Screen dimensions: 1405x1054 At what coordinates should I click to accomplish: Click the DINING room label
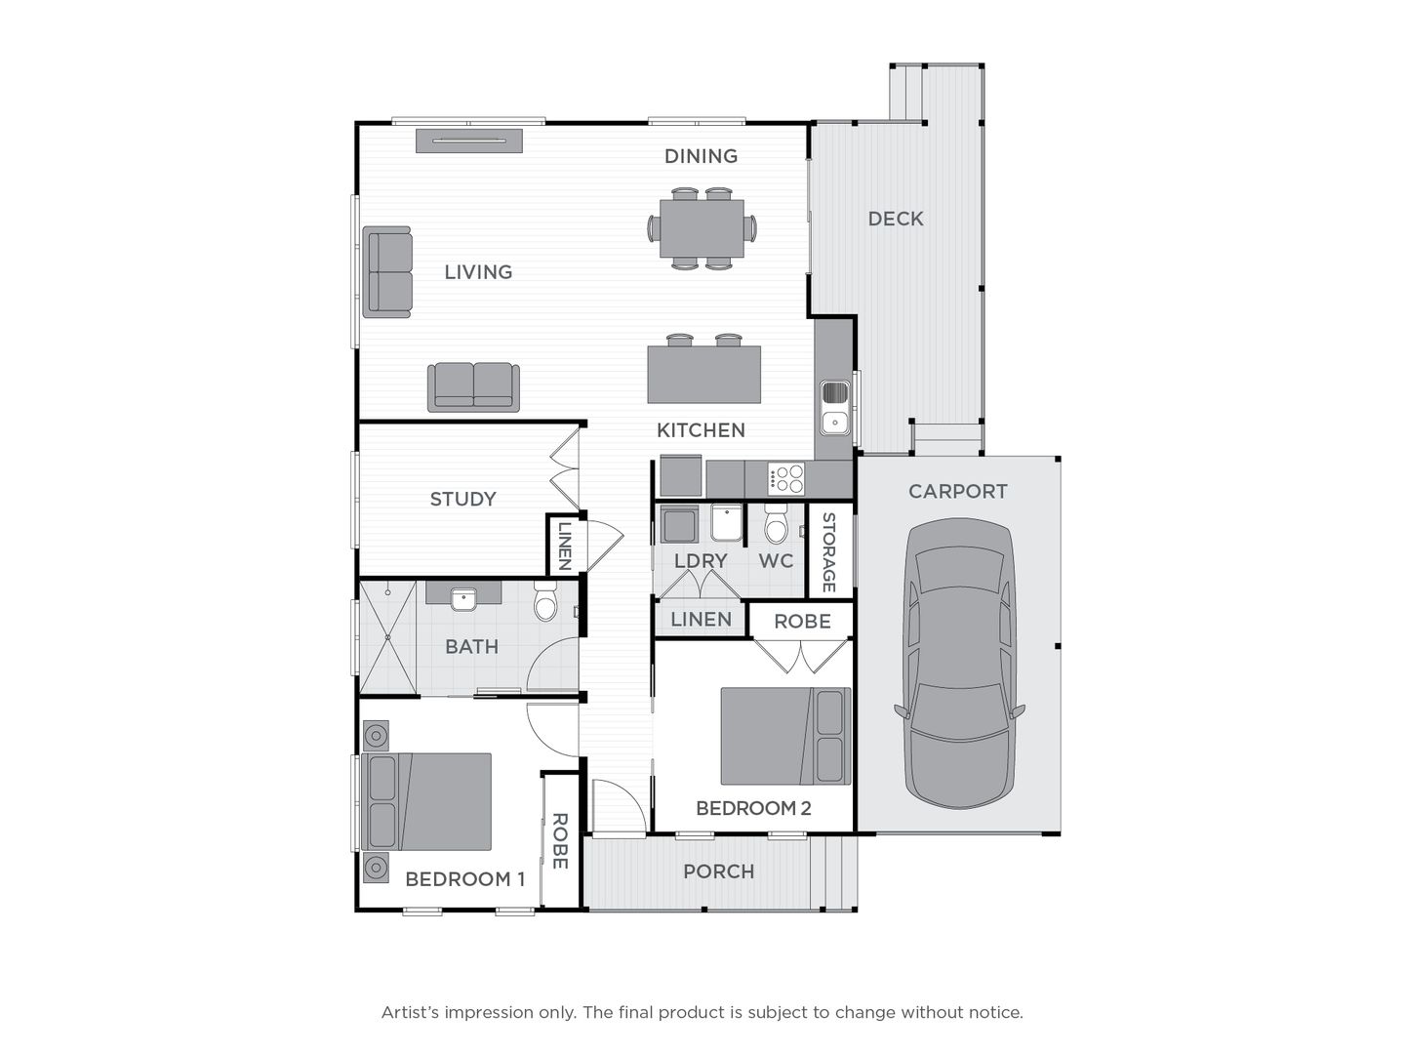701,156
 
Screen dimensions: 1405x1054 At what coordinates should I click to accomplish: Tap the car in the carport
959,663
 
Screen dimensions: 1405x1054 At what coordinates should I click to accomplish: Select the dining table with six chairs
702,228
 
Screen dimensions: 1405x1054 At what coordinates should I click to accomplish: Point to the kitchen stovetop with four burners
786,478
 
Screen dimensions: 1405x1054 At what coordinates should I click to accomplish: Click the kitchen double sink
834,407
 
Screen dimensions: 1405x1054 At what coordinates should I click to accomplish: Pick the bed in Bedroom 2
785,736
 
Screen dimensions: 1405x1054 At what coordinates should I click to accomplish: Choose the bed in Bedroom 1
426,801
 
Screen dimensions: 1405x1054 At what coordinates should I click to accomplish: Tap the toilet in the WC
776,524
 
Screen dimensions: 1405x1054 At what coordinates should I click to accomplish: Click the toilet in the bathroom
545,601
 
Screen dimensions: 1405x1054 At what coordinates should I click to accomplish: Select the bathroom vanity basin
463,599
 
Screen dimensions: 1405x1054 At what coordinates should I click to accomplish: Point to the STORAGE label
828,551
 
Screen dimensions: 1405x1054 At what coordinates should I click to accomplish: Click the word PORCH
719,872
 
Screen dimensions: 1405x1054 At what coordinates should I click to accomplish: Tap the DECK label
896,219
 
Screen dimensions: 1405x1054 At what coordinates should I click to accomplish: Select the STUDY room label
462,499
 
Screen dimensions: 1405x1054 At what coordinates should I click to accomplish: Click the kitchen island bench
704,375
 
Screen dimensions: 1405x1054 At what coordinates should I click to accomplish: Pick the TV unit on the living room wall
469,141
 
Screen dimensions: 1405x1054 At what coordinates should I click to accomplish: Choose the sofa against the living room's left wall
387,272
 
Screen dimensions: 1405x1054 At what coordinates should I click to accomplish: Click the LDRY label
701,561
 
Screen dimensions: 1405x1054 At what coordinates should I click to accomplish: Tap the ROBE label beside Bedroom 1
559,841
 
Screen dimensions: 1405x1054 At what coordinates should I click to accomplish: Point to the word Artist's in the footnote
411,1012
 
